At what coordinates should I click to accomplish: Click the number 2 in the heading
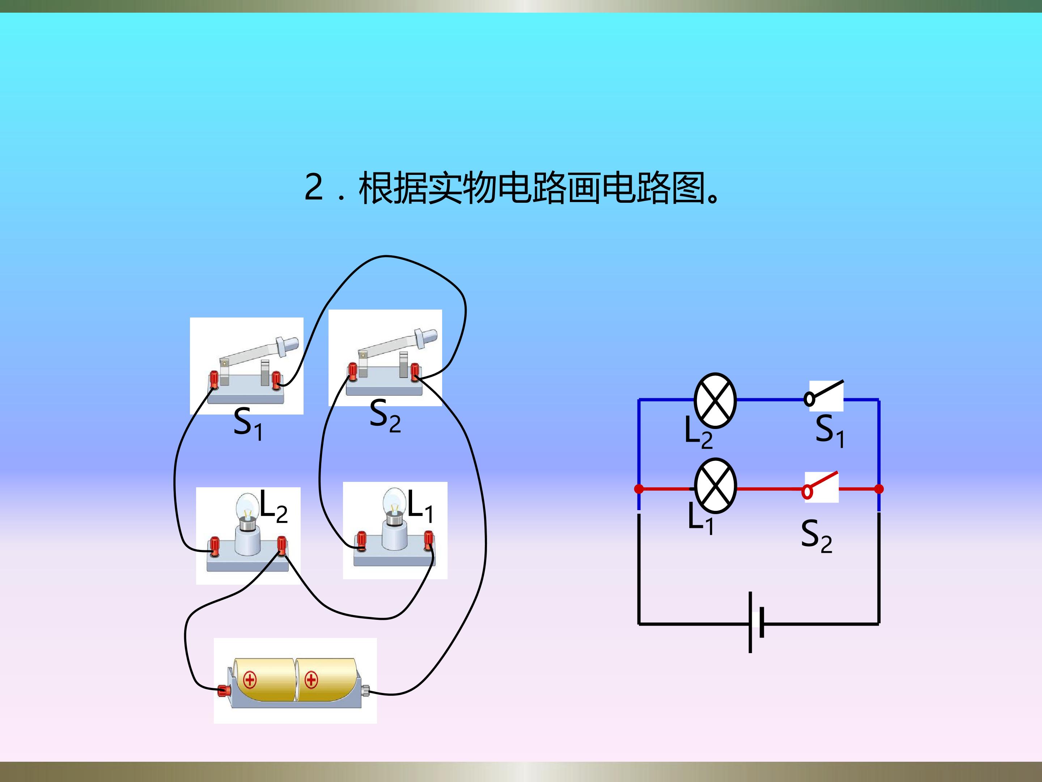tap(314, 187)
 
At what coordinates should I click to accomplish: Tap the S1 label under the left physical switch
tap(248, 424)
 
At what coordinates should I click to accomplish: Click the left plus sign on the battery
tap(250, 680)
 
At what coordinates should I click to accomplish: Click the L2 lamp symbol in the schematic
tap(715, 400)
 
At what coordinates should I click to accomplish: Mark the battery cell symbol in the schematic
tap(755, 623)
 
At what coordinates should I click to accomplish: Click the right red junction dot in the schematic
tap(879, 489)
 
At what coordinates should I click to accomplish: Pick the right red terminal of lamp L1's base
tap(429, 540)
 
